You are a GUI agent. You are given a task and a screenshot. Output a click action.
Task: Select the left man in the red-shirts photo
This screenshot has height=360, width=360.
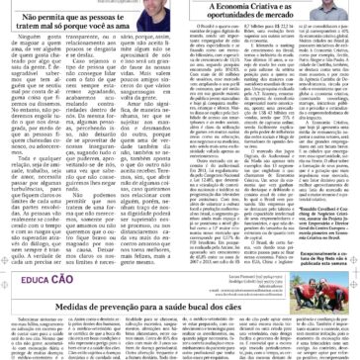click(x=315, y=287)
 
